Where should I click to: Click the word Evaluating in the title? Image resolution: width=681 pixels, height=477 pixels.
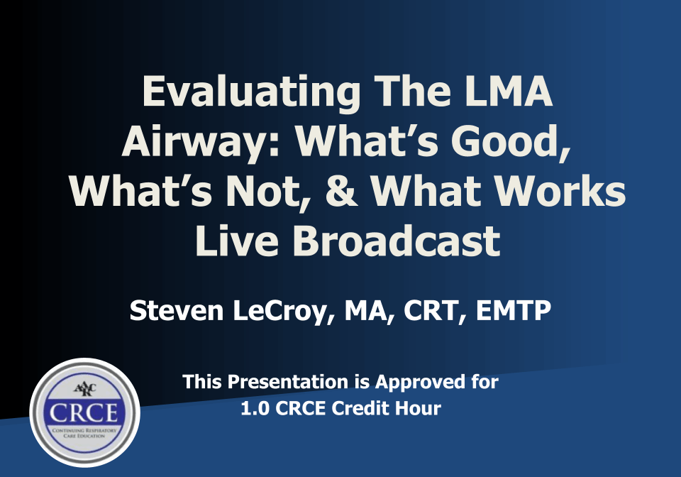[251, 92]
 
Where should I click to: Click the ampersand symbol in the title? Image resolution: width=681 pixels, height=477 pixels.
[342, 191]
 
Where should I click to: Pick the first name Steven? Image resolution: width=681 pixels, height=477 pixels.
[177, 311]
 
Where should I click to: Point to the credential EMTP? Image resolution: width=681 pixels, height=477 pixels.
[514, 311]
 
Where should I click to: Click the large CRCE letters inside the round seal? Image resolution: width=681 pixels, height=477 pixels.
[84, 412]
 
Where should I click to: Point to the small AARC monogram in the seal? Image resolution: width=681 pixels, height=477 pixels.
[84, 389]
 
